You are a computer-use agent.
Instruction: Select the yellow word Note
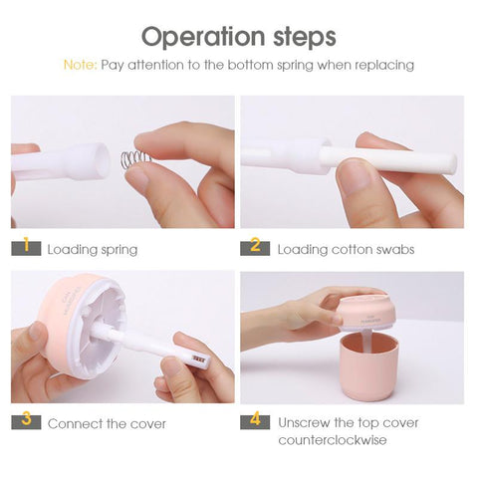click(79, 65)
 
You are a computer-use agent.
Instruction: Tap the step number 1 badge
click(27, 247)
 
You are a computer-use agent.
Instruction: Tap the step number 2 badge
click(256, 247)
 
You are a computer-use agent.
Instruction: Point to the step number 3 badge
click(27, 421)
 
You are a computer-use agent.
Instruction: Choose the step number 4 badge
click(256, 421)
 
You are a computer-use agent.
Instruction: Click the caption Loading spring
click(93, 249)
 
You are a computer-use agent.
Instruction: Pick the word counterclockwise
click(334, 440)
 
